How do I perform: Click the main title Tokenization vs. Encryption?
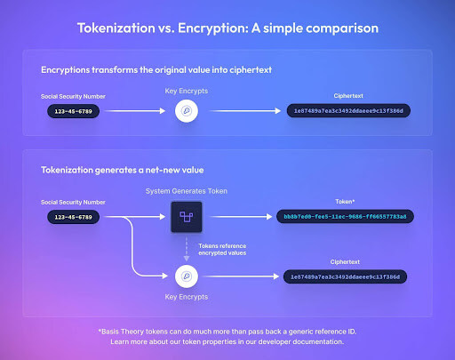click(x=227, y=28)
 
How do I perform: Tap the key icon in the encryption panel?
click(x=187, y=111)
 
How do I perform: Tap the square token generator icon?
click(x=187, y=216)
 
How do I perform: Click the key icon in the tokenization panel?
click(x=187, y=276)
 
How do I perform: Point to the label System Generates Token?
click(x=187, y=191)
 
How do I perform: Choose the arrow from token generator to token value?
click(x=235, y=216)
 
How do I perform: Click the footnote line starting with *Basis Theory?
click(x=227, y=330)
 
